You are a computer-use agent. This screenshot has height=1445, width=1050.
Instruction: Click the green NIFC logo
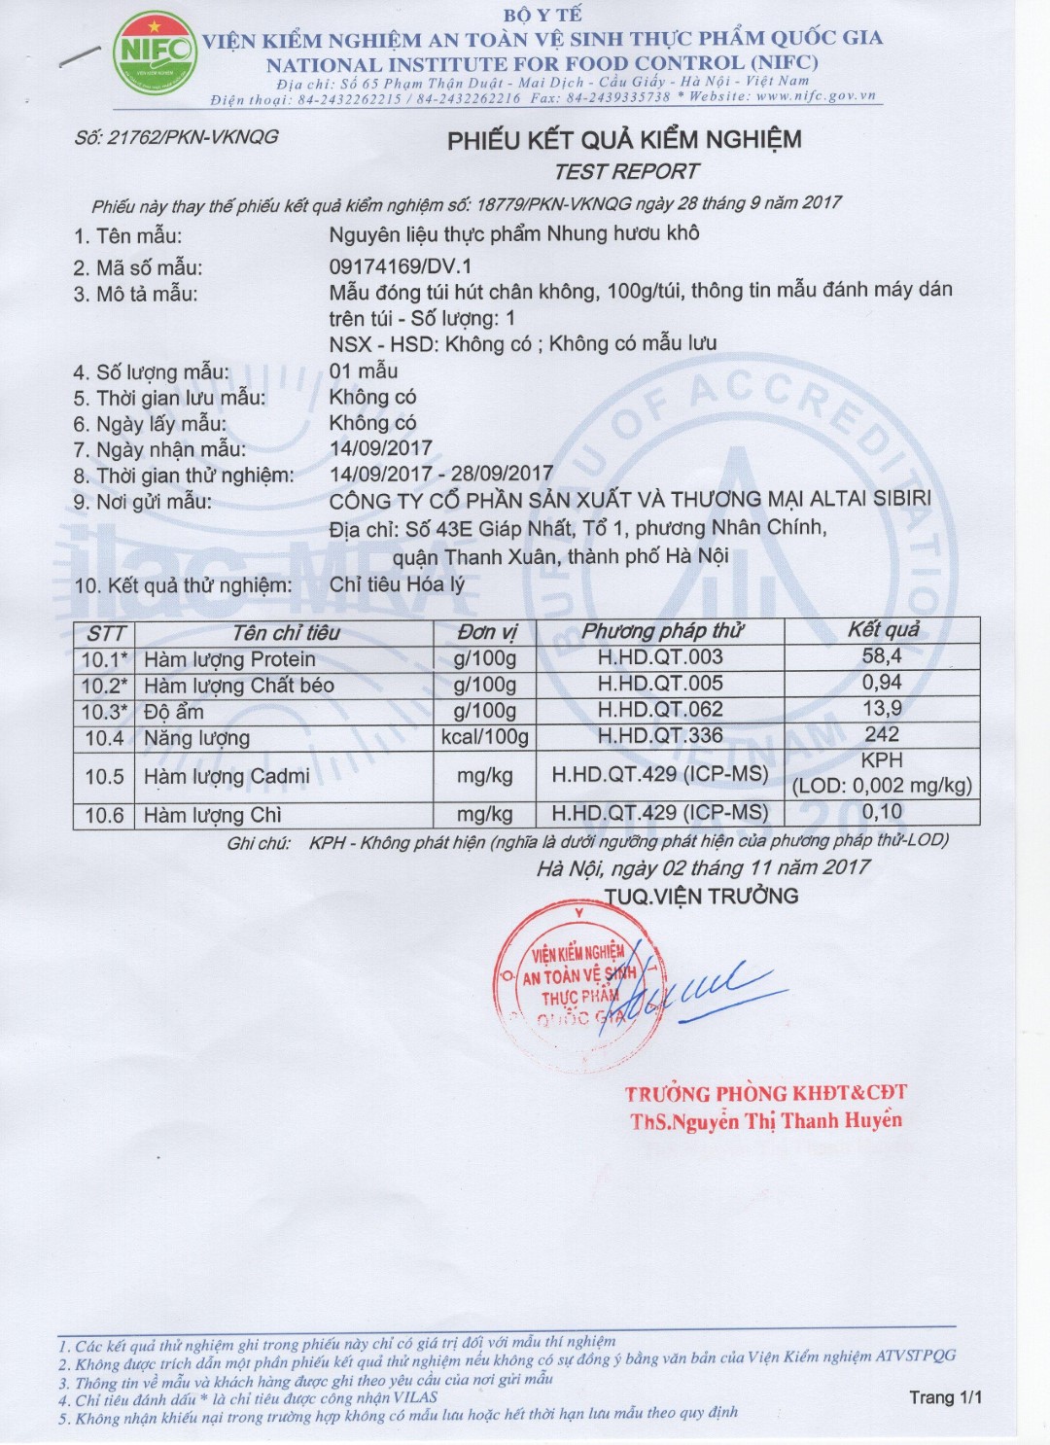point(155,53)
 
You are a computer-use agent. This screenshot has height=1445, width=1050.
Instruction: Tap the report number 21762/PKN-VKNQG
point(176,137)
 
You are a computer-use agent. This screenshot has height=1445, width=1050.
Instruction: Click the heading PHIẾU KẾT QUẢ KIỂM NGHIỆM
point(624,140)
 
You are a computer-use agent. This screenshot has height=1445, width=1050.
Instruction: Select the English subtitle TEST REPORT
point(626,172)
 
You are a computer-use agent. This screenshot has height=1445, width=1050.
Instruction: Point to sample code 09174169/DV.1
point(401,265)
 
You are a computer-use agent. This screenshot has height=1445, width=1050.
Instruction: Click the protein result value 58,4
point(881,656)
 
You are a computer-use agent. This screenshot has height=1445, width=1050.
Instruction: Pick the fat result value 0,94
point(881,683)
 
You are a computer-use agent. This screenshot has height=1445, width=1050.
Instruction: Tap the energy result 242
point(881,735)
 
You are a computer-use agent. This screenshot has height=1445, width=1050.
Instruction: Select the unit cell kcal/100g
point(484,737)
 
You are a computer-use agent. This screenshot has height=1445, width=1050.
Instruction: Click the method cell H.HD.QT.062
point(660,710)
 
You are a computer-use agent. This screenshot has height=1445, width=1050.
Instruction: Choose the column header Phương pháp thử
point(661,631)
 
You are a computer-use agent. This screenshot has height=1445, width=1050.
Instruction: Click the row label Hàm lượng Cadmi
point(227,776)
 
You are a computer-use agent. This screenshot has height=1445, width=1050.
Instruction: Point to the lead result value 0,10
point(881,812)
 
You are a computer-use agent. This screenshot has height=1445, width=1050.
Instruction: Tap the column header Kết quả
point(883,630)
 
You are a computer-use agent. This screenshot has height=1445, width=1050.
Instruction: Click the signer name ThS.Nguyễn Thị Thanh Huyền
point(765,1121)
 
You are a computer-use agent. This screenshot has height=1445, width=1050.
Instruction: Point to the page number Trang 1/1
point(945,1397)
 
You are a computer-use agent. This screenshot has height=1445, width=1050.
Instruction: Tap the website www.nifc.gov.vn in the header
point(816,96)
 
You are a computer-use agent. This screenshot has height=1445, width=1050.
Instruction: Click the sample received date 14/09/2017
point(381,448)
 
